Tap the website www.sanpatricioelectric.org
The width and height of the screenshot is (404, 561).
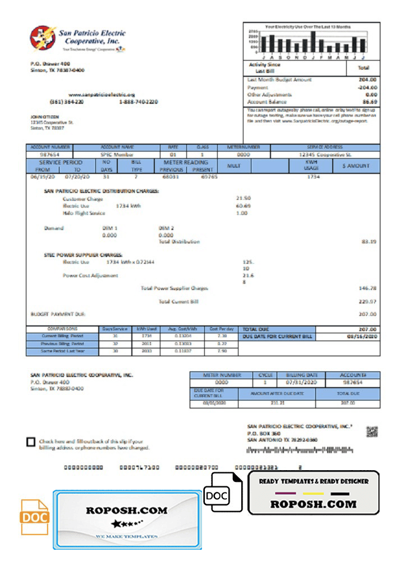pos(102,95)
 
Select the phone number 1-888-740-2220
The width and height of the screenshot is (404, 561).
pos(138,102)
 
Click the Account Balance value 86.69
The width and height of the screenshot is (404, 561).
pos(369,102)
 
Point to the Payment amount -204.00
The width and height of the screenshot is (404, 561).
pos(368,88)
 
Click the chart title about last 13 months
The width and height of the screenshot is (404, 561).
pos(307,27)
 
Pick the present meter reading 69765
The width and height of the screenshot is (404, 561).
pos(209,176)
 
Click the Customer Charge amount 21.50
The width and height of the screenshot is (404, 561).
pos(243,199)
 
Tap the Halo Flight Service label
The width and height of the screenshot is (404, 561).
pos(84,213)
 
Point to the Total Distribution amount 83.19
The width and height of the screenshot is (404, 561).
pos(368,241)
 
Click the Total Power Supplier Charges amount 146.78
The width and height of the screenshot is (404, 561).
pos(367,288)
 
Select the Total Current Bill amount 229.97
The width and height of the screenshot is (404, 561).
pos(367,302)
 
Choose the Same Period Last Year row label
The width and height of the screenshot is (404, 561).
pos(62,352)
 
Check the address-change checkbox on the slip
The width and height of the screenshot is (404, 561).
pos(31,442)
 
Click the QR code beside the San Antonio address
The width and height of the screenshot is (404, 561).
pos(371,431)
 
